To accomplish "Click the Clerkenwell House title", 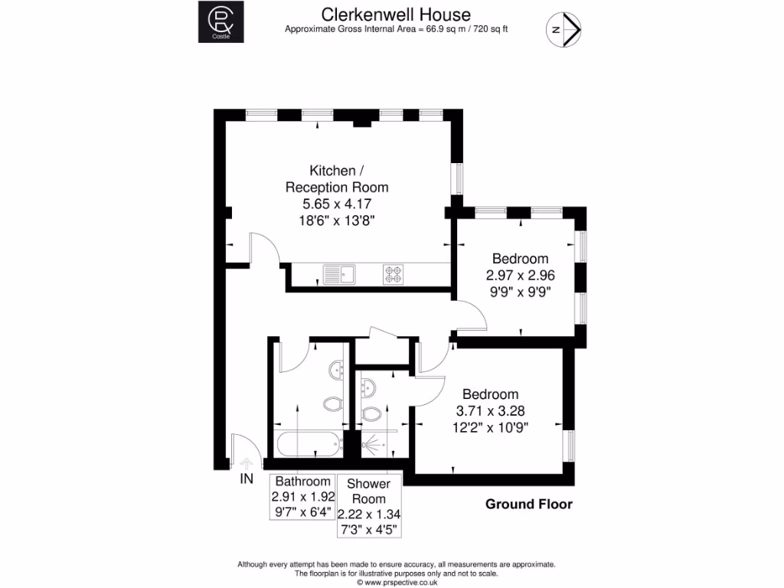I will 396,14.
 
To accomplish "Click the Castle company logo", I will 221,22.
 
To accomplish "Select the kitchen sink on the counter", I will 338,273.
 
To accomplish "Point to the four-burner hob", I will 394,273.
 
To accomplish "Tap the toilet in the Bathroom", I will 333,403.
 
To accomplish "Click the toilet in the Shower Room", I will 371,414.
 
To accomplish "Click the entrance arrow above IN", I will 246,462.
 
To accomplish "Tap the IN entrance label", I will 246,479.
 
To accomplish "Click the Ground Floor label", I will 529,504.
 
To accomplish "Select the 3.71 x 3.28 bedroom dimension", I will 490,410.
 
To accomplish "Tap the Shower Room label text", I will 369,491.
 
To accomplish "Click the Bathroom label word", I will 303,482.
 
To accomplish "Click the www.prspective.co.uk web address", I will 396,582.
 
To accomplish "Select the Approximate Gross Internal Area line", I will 396,29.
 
